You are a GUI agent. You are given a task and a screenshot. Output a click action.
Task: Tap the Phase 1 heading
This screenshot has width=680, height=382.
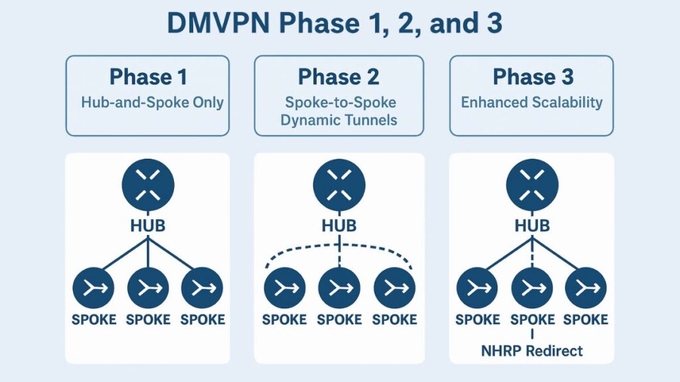[x=147, y=77]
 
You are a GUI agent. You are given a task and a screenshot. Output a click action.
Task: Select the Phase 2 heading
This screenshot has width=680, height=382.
[x=339, y=77]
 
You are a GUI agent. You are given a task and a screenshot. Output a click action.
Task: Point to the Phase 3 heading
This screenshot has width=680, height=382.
[x=533, y=77]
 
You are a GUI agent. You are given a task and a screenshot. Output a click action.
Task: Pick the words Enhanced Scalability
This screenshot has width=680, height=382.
[x=532, y=102]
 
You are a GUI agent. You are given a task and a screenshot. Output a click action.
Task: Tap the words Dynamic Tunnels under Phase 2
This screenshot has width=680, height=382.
[x=339, y=120]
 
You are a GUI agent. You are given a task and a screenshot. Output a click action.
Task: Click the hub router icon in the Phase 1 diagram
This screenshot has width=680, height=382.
[x=147, y=185]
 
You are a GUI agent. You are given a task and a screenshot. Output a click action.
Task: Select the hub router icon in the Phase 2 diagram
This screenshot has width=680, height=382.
[x=339, y=185]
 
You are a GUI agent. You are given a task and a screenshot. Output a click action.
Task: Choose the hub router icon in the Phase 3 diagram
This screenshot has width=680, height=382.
[x=532, y=185]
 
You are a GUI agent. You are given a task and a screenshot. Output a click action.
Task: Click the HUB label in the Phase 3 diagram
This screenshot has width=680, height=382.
[x=532, y=226]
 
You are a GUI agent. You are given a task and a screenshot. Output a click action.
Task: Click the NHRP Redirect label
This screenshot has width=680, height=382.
[x=532, y=351]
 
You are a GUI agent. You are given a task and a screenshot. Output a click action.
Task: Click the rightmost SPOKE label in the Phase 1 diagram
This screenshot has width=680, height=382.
[x=203, y=320]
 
